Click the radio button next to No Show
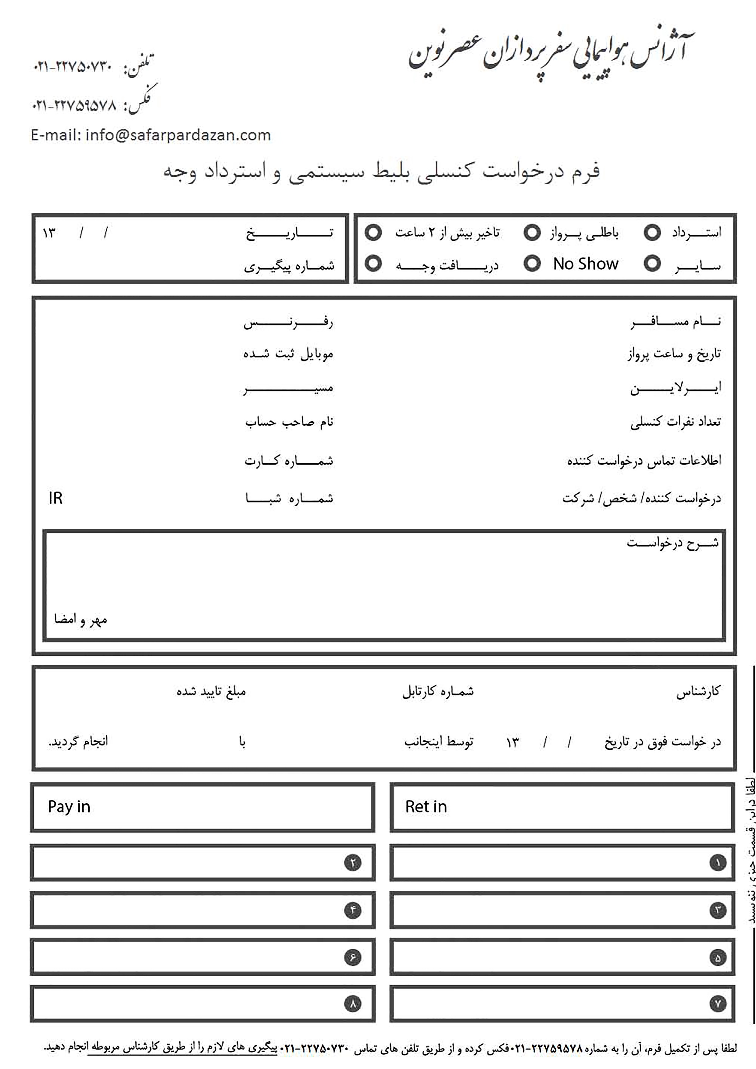[x=532, y=264]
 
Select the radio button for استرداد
[x=652, y=232]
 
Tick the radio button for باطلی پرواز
[x=532, y=232]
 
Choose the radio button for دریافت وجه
[x=373, y=264]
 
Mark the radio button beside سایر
[x=652, y=264]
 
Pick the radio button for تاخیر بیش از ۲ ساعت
[x=373, y=232]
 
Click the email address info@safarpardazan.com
[x=177, y=135]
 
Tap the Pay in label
[x=69, y=806]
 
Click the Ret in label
[x=426, y=806]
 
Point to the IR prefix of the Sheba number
[x=55, y=498]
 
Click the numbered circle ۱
[x=718, y=863]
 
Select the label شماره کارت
[x=289, y=461]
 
